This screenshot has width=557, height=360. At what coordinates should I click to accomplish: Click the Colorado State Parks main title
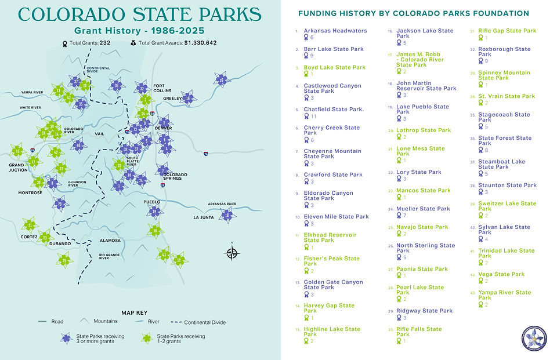coord(139,14)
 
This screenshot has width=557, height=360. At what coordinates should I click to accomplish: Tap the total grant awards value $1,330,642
coord(200,43)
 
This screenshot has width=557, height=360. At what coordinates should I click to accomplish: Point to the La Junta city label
coord(204,217)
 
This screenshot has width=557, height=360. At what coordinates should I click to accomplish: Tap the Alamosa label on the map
coord(110,240)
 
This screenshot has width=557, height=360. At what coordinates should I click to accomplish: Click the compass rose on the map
coord(232,253)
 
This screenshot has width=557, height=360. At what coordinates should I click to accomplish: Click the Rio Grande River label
coord(104,256)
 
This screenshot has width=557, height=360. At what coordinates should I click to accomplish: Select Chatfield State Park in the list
coord(334,109)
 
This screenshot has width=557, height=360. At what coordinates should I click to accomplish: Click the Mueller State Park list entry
coord(423,209)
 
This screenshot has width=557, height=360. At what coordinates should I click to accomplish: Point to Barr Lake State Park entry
coord(334,49)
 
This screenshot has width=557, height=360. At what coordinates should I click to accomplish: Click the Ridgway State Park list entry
coord(424,311)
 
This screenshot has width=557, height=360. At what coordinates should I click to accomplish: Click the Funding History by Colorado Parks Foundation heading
coord(413,13)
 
